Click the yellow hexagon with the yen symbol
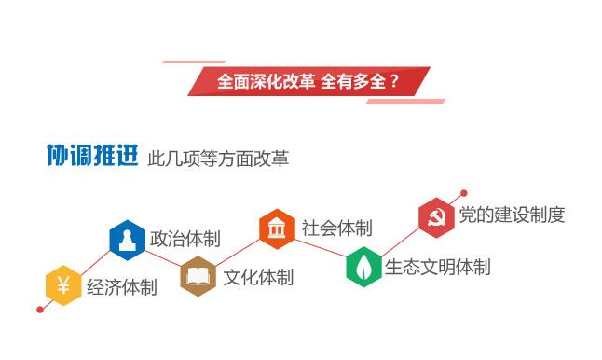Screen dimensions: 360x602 point(62,285)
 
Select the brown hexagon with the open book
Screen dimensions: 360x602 point(198,276)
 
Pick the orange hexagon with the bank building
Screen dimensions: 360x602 point(277,228)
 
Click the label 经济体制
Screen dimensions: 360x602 point(122,287)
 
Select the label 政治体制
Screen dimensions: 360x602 point(185,239)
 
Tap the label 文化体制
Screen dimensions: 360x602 point(258,277)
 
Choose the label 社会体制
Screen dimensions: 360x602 point(336,228)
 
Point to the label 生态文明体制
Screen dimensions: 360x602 point(437,267)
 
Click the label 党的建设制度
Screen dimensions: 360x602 point(512,215)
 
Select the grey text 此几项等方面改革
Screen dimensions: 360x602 point(218,159)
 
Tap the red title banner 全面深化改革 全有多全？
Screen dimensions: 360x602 point(308,81)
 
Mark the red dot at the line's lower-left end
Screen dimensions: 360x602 point(39,309)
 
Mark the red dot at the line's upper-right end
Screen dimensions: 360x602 point(463,194)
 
